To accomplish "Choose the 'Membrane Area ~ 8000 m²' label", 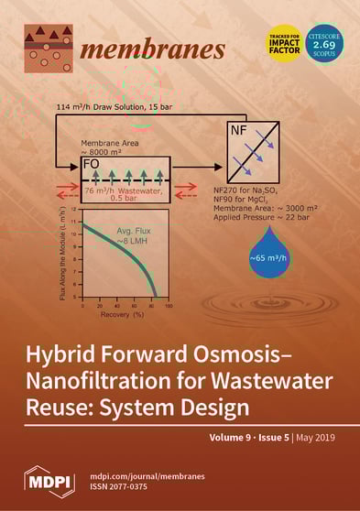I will (109, 148).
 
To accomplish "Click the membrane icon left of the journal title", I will (47, 49).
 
